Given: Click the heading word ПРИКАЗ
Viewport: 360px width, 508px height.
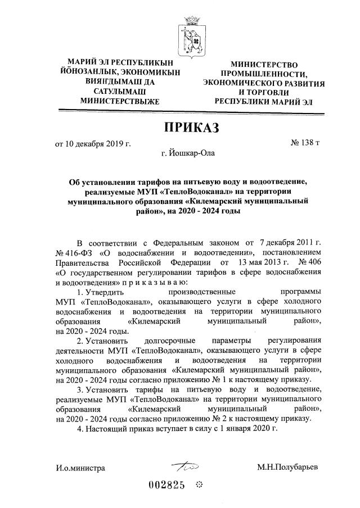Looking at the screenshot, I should [x=190, y=129].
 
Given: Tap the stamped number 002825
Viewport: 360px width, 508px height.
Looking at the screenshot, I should [x=167, y=486].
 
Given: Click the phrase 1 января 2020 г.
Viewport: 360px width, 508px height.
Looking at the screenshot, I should [x=251, y=429].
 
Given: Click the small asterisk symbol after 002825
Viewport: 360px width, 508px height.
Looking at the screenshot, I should [x=199, y=486].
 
